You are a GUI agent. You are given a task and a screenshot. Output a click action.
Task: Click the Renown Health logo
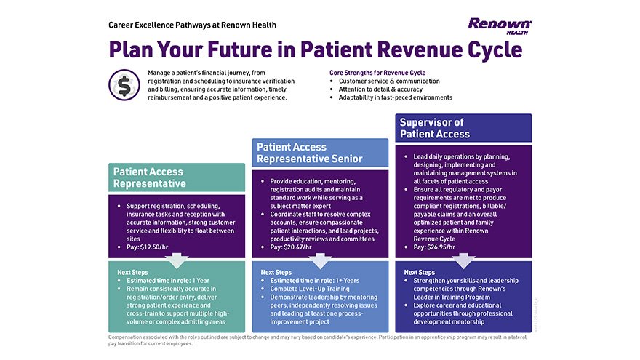pyautogui.click(x=500, y=25)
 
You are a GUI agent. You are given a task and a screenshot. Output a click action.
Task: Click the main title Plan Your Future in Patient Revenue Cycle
pyautogui.click(x=316, y=50)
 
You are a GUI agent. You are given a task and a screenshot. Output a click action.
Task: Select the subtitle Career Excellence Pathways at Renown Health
pyautogui.click(x=192, y=25)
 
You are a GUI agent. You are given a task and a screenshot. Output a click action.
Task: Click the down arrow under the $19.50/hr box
pyautogui.click(x=177, y=260)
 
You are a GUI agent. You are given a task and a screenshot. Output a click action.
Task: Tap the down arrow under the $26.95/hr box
pyautogui.click(x=464, y=260)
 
